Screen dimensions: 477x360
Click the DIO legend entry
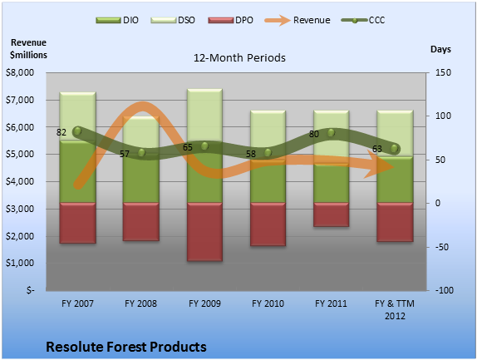(117, 21)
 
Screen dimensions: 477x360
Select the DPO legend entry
(230, 21)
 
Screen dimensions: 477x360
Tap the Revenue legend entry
(298, 21)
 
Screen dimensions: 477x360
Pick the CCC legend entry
(363, 21)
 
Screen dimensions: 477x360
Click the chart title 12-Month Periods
(239, 58)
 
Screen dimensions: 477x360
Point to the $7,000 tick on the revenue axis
(20, 100)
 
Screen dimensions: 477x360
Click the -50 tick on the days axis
(442, 247)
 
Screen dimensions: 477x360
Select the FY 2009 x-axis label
(204, 303)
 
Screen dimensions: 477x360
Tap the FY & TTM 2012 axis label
(395, 309)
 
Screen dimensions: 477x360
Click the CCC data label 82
(61, 132)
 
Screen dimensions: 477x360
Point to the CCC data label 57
(124, 154)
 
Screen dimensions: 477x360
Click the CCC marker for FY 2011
(332, 133)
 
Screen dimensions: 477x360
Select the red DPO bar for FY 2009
(204, 232)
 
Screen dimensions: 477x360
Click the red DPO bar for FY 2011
(332, 215)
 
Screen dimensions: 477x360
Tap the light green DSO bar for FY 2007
(78, 116)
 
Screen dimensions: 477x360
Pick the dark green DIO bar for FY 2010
(268, 181)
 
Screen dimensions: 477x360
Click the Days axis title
(440, 49)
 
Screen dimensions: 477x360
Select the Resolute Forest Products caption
(126, 347)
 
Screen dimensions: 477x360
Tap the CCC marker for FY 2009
(204, 146)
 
